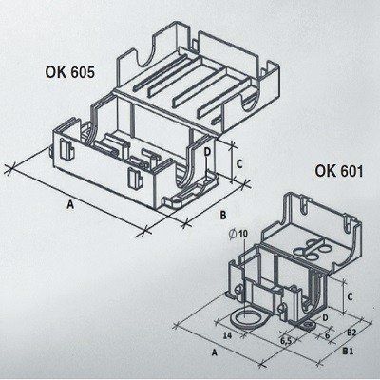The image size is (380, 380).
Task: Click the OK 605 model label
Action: pyautogui.click(x=70, y=72)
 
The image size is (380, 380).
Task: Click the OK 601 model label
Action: pyautogui.click(x=339, y=171)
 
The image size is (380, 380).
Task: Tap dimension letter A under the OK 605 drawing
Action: pyautogui.click(x=70, y=205)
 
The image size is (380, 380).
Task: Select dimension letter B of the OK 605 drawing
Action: pyautogui.click(x=223, y=216)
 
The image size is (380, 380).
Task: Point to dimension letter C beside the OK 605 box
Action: pyautogui.click(x=239, y=164)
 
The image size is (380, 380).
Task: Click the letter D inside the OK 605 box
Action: pyautogui.click(x=207, y=152)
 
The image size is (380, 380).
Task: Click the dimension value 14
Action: pyautogui.click(x=227, y=335)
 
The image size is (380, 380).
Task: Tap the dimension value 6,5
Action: pyautogui.click(x=286, y=341)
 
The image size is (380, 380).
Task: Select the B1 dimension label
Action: pyautogui.click(x=348, y=351)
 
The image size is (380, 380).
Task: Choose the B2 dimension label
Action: pyautogui.click(x=352, y=332)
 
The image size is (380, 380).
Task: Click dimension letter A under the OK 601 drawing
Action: pyautogui.click(x=215, y=352)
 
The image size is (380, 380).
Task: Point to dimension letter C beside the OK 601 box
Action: pyautogui.click(x=350, y=297)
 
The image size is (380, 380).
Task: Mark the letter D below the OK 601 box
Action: pyautogui.click(x=325, y=317)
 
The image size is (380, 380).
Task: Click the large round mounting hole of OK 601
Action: pyautogui.click(x=245, y=319)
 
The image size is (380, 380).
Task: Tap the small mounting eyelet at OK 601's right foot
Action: pyautogui.click(x=307, y=325)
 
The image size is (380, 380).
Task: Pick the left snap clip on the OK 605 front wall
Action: pyautogui.click(x=66, y=149)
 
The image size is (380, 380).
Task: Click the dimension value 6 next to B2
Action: pyautogui.click(x=328, y=335)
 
